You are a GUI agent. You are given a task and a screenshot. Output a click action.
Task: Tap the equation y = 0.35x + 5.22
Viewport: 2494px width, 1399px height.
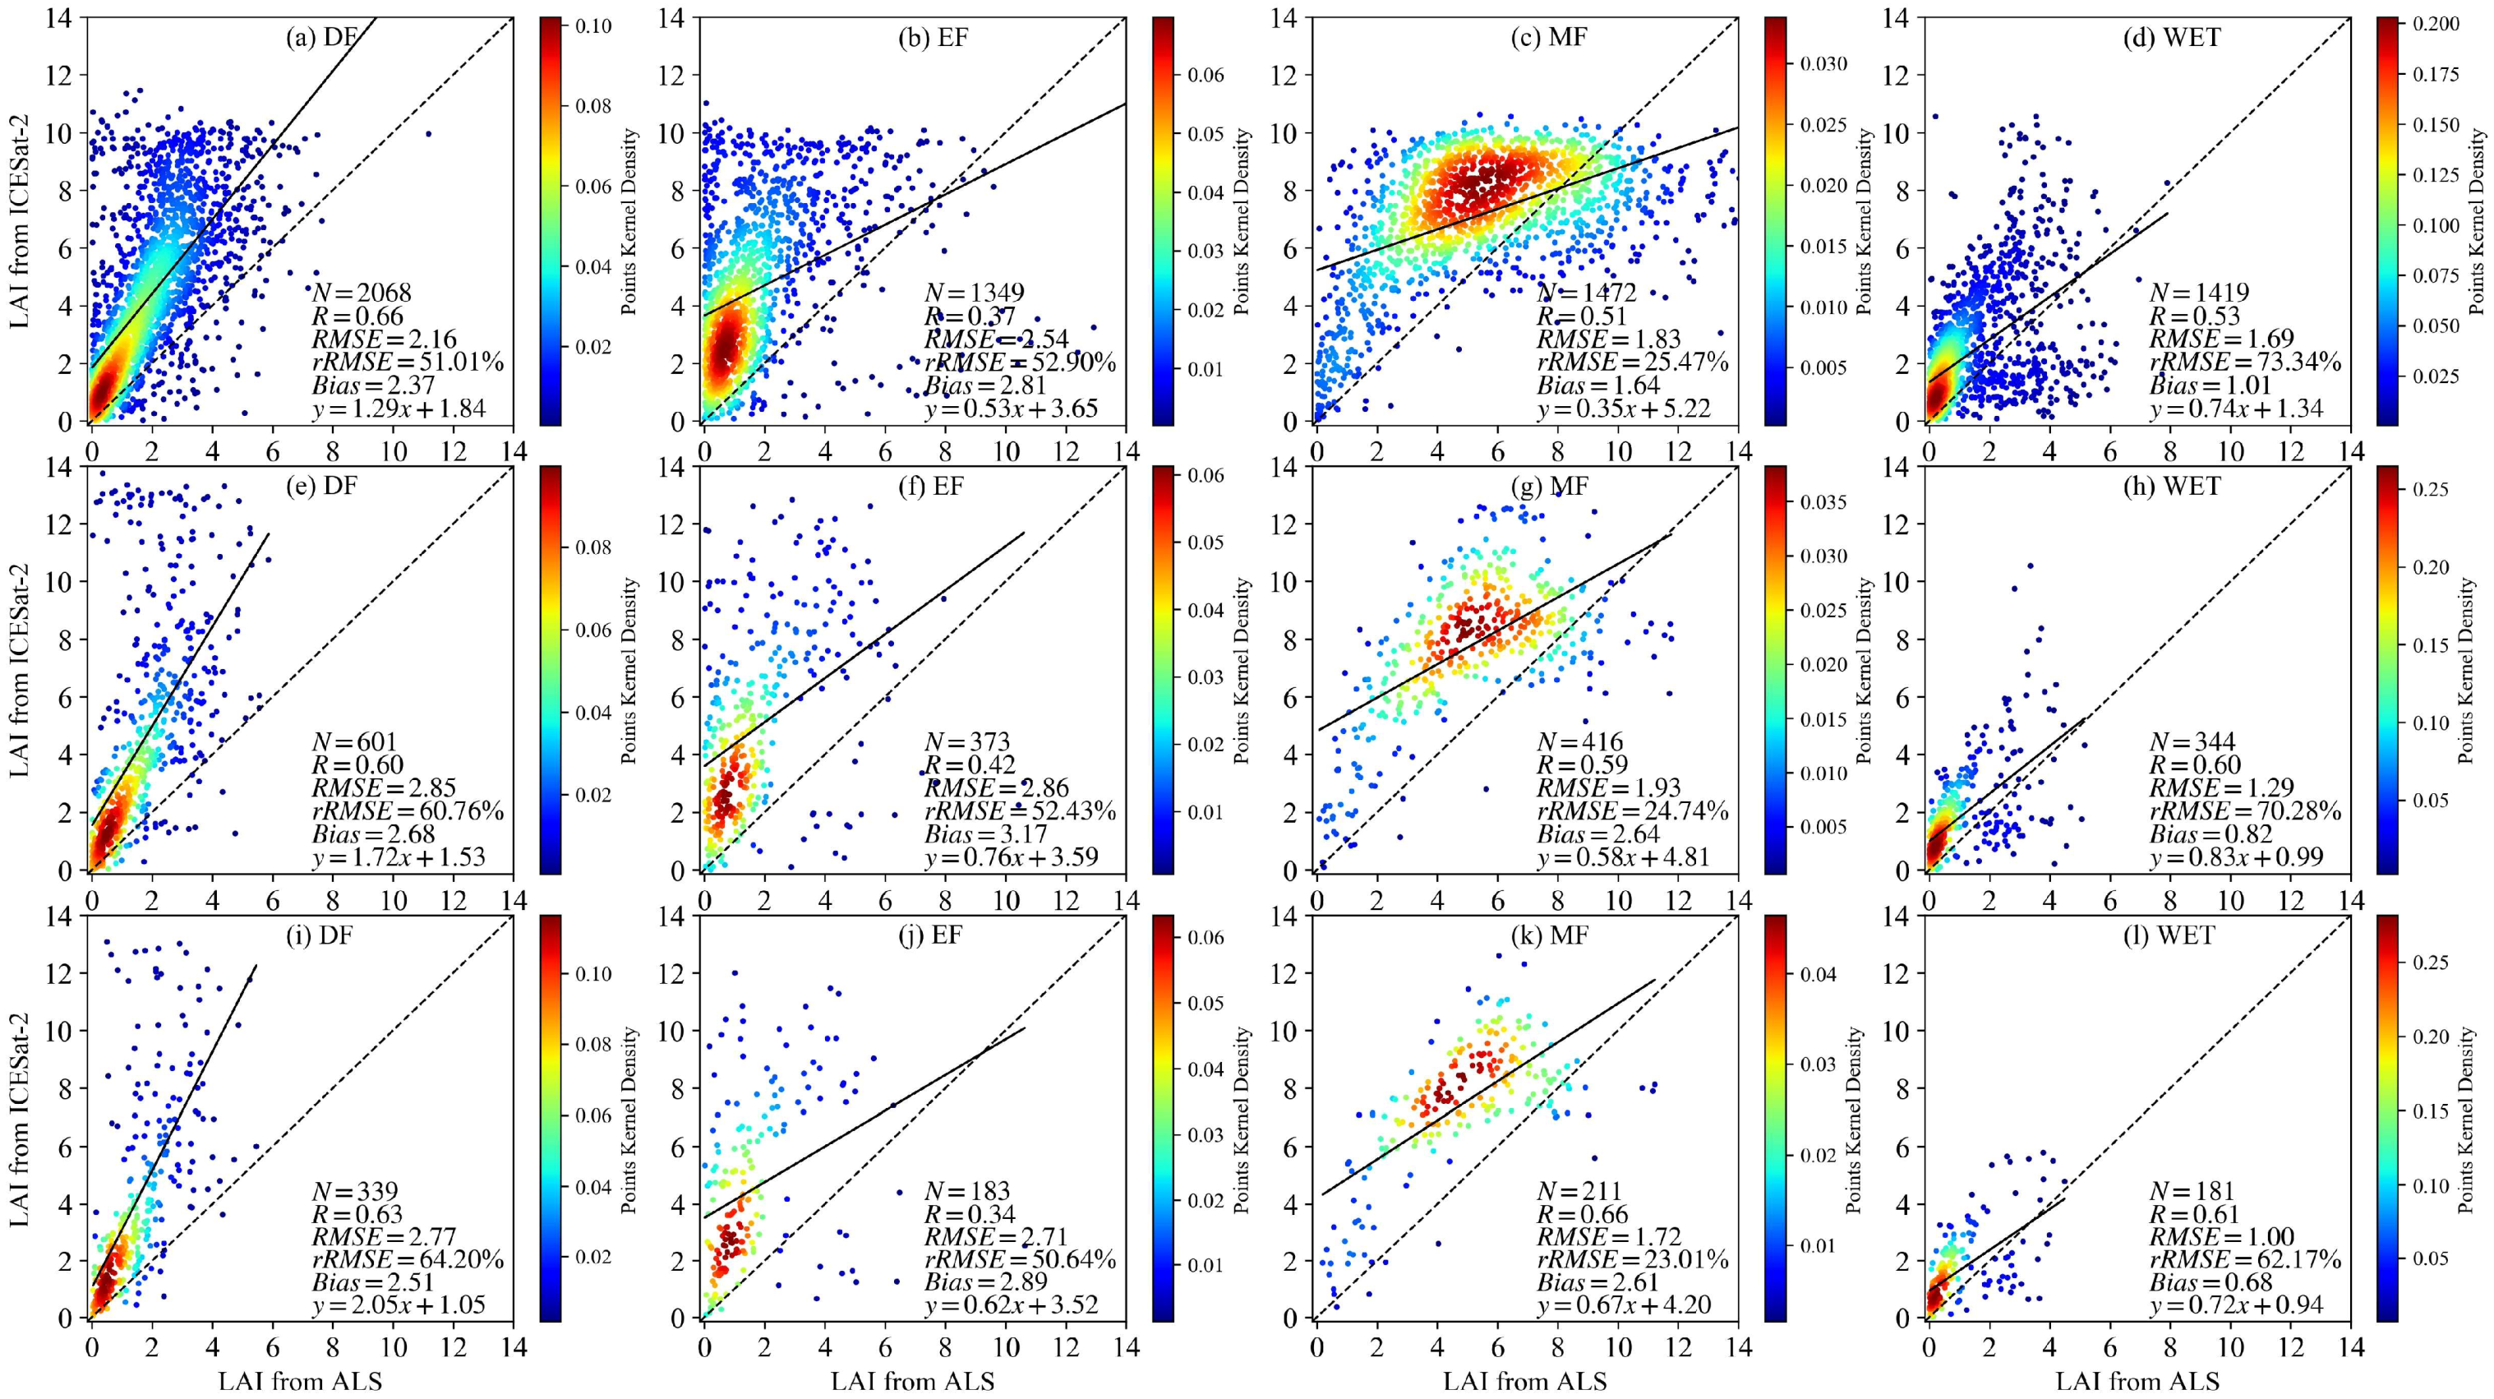[1624, 408]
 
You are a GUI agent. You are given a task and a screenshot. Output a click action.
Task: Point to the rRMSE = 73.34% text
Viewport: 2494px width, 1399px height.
[2245, 362]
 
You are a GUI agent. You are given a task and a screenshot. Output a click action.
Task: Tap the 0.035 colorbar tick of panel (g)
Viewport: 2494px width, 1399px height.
[1823, 502]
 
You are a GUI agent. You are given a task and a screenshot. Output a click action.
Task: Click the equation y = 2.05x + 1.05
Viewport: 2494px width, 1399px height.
[398, 1305]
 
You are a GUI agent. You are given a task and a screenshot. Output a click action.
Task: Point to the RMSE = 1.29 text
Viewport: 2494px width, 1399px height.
[2221, 787]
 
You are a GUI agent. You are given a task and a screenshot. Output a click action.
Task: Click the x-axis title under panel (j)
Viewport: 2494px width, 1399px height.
[912, 1381]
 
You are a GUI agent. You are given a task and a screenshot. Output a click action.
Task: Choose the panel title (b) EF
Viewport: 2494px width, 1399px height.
[934, 38]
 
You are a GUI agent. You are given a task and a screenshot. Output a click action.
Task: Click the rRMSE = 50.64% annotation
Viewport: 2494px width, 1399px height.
[1020, 1259]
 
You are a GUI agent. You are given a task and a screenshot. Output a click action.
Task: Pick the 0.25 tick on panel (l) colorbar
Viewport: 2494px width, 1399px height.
[2429, 963]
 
